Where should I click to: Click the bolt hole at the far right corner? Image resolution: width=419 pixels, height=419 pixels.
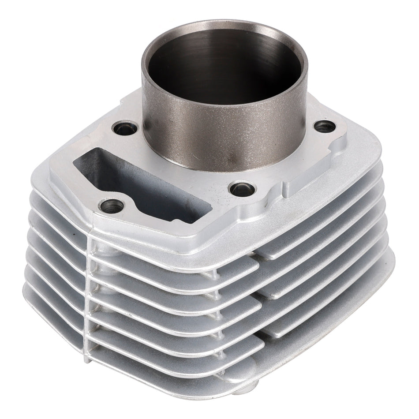coord(325,127)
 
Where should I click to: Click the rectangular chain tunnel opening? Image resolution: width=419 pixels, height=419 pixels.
coord(146,185)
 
